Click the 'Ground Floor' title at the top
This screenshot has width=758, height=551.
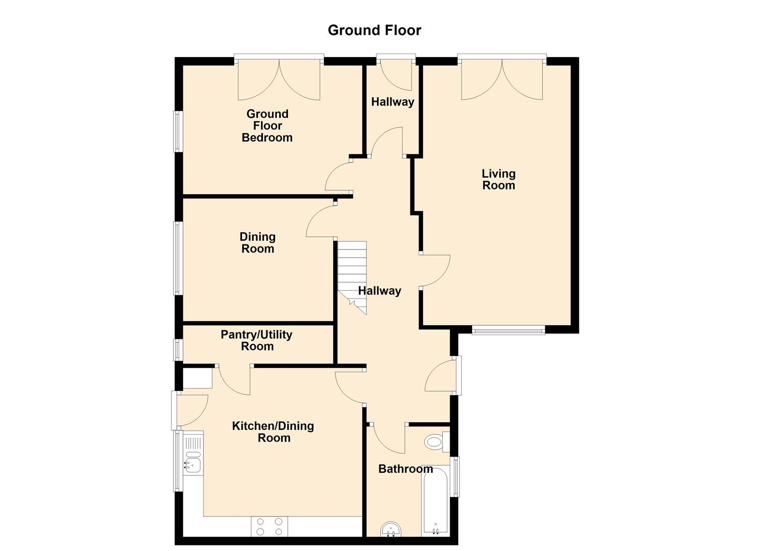374,30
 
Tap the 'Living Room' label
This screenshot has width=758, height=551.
499,180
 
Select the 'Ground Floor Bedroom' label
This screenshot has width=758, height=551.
267,126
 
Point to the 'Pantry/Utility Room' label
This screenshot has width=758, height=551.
257,340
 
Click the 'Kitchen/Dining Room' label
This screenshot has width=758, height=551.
273,432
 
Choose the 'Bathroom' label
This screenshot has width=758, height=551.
405,469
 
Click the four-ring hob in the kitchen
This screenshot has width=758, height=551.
270,527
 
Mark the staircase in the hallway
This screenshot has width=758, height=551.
352,275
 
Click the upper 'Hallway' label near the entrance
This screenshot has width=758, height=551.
393,102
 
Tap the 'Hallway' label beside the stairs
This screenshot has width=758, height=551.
380,291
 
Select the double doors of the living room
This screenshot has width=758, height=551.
502,79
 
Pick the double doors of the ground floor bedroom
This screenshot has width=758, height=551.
279,79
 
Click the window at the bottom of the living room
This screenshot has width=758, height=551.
508,331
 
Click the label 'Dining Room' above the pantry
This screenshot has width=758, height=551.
258,243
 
